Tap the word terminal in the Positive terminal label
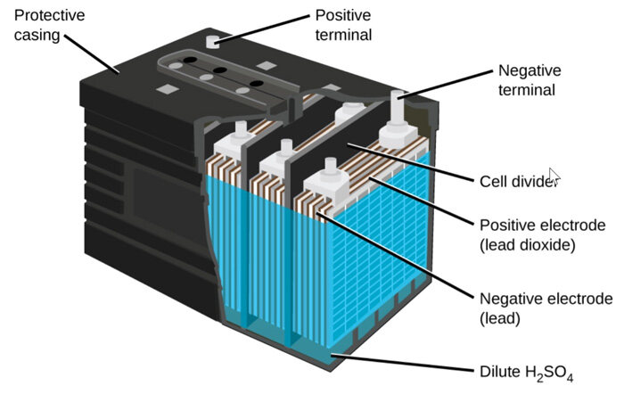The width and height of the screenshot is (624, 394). [342, 37]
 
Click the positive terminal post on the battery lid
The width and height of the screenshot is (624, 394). [212, 41]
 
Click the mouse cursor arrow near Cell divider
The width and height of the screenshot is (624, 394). [554, 176]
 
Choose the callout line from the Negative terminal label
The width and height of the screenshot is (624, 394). [446, 82]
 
